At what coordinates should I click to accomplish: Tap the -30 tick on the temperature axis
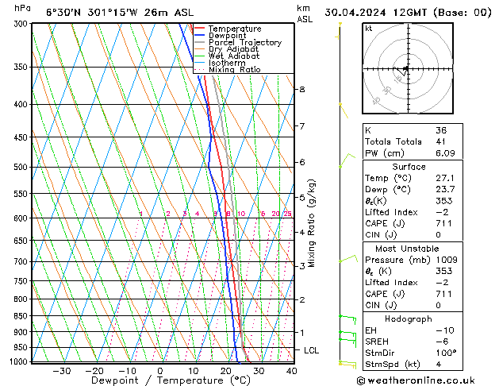click(x=61, y=370)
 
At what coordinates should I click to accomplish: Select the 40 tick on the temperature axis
click(x=292, y=370)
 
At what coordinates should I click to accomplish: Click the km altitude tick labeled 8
click(x=301, y=90)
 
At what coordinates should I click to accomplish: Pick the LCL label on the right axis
click(x=312, y=350)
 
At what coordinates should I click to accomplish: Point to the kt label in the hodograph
click(x=368, y=29)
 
